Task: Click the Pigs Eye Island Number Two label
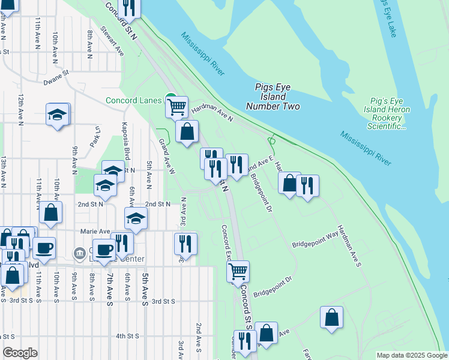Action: point(273,97)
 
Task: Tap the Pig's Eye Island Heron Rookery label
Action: point(387,113)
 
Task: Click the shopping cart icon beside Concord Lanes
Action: point(176,107)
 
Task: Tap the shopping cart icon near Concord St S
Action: point(238,271)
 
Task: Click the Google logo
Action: point(20,353)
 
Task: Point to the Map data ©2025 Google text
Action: point(411,355)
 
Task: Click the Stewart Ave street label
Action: point(112,41)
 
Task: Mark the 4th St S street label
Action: point(127,336)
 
